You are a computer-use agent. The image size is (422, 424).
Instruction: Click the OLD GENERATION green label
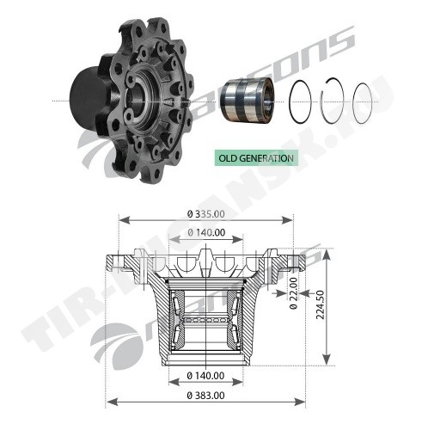point(256,158)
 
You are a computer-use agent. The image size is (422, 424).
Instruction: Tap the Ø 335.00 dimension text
point(206,214)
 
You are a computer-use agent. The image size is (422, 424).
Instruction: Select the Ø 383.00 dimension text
point(205,396)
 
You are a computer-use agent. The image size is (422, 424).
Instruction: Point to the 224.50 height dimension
point(321,304)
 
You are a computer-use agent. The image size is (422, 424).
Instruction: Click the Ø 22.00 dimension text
point(293,293)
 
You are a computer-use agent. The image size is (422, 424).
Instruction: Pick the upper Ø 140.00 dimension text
point(206,232)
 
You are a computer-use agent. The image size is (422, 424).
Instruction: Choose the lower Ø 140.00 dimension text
point(205,376)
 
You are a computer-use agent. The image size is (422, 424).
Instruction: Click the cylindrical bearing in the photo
point(247,100)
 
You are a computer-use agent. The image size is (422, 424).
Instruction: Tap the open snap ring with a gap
point(333,101)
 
